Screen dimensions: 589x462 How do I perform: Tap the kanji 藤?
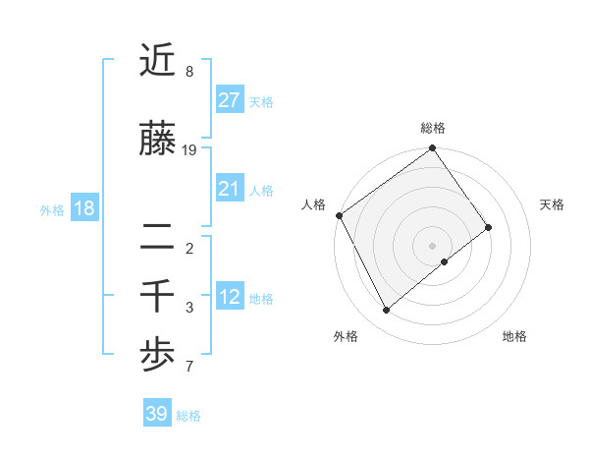point(157,140)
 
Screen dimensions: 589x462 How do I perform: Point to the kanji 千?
point(157,294)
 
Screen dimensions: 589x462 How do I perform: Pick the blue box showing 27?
point(229,100)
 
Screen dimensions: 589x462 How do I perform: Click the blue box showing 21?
point(229,189)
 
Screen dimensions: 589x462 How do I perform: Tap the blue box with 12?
point(229,297)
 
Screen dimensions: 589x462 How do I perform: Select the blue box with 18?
point(83,208)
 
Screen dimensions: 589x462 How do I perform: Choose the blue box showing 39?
point(157,414)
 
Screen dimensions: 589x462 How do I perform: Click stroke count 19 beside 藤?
point(190,149)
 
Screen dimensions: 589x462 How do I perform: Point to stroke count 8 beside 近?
point(189,72)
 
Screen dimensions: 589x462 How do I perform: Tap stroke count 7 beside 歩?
point(189,367)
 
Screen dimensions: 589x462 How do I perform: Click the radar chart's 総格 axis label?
point(432,128)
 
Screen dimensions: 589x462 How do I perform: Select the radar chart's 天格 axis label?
point(552,204)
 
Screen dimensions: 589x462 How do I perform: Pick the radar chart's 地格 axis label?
point(514,336)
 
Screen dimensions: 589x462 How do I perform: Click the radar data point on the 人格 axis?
point(339,215)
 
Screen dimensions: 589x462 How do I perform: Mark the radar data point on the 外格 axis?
point(386,311)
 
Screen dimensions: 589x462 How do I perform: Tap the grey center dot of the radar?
point(432,245)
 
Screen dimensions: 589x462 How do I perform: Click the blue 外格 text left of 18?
point(51,209)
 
